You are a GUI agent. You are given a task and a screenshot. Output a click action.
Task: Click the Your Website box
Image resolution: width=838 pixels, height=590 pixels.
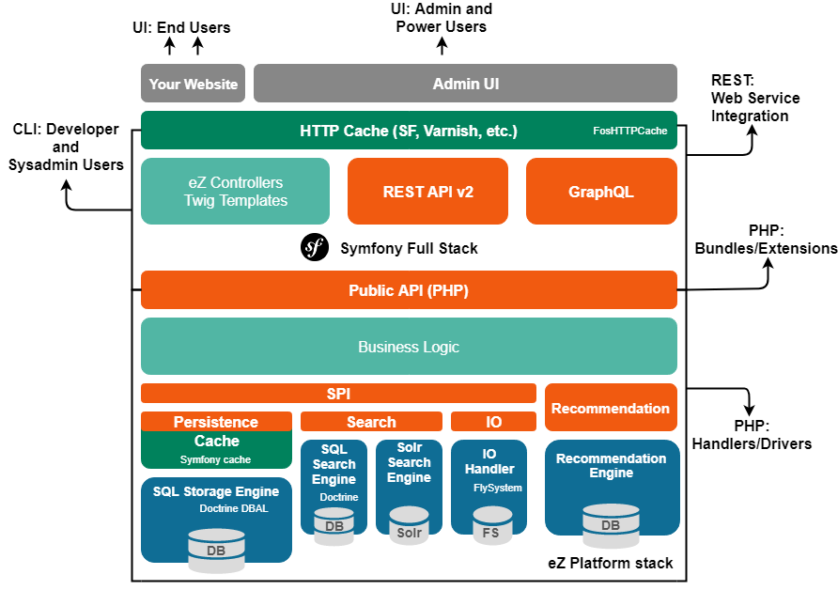[193, 84]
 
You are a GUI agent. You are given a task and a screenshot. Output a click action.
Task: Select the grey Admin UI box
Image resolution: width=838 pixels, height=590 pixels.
[465, 84]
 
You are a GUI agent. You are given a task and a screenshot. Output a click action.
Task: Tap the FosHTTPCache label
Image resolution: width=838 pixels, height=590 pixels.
[629, 132]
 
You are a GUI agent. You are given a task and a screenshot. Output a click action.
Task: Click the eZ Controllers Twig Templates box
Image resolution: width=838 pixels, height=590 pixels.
[235, 191]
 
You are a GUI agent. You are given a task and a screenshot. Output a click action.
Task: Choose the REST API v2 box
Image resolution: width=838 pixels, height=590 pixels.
[427, 192]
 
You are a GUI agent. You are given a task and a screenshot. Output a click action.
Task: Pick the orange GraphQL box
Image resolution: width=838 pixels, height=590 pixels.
[601, 192]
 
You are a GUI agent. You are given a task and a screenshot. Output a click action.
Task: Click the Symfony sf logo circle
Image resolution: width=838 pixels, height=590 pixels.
[314, 248]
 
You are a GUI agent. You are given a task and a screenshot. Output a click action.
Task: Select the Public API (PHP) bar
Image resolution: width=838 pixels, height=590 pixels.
[409, 290]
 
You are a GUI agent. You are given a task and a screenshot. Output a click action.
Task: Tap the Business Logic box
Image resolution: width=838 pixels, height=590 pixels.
[409, 347]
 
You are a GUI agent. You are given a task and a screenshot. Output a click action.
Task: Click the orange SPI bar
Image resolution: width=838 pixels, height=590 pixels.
[338, 394]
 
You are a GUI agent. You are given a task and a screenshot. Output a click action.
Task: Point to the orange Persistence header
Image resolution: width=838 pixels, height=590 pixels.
[216, 422]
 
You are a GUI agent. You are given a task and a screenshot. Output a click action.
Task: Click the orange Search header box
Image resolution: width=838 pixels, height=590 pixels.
[371, 422]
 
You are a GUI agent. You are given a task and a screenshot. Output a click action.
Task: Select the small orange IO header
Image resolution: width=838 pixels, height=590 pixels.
[493, 422]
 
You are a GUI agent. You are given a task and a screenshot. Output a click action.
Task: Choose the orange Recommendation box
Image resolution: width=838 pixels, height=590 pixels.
[611, 408]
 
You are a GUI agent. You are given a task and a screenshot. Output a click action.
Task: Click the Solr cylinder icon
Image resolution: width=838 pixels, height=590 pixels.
[409, 526]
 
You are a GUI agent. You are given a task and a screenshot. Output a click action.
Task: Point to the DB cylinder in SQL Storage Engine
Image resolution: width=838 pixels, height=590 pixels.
[216, 550]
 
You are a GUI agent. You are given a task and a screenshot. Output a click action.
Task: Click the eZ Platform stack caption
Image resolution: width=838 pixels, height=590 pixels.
[611, 564]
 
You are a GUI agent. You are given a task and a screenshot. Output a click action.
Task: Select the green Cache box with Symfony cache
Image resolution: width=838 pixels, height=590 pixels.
[216, 449]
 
